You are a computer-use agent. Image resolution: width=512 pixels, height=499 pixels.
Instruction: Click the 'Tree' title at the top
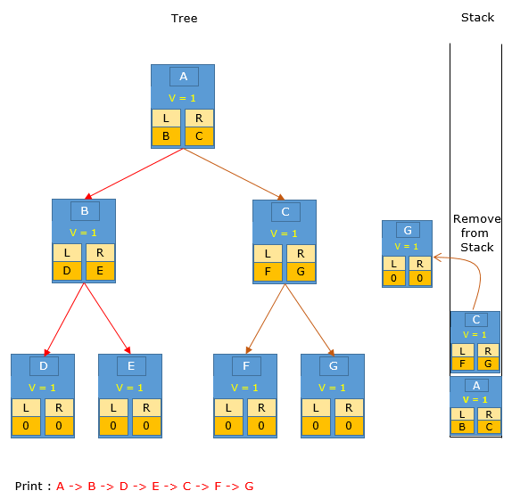(x=184, y=18)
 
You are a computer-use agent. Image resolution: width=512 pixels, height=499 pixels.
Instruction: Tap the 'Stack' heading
(x=477, y=17)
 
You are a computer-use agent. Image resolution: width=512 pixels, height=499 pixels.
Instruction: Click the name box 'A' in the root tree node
(x=184, y=77)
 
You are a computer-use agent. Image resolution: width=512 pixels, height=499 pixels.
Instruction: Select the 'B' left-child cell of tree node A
(x=166, y=136)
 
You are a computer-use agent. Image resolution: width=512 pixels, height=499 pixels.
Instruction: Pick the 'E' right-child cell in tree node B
(x=100, y=271)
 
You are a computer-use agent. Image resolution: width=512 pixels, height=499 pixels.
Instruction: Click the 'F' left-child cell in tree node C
(x=268, y=272)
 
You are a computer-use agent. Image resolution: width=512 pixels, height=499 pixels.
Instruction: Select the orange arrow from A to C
(x=234, y=174)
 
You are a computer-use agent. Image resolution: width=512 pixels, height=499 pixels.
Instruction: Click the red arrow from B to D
(x=64, y=319)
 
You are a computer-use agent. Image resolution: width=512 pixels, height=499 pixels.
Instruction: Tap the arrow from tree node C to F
(x=266, y=319)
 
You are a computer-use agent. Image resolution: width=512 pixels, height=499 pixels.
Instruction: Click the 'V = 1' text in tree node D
(x=42, y=388)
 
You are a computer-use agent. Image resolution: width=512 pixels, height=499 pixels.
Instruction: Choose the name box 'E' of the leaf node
(x=131, y=366)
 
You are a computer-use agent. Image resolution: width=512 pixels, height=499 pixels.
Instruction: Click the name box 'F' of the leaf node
(x=246, y=366)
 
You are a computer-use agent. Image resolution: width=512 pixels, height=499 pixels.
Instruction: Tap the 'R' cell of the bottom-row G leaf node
(x=349, y=408)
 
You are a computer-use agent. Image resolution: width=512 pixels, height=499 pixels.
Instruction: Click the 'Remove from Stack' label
(x=476, y=233)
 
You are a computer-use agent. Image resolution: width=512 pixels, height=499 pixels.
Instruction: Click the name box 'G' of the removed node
(x=408, y=230)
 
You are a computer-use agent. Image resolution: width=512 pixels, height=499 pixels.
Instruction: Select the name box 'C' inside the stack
(x=476, y=320)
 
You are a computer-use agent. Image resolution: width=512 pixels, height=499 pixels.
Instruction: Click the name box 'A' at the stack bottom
(x=476, y=386)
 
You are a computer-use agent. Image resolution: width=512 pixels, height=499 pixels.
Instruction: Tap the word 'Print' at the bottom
(x=29, y=486)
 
